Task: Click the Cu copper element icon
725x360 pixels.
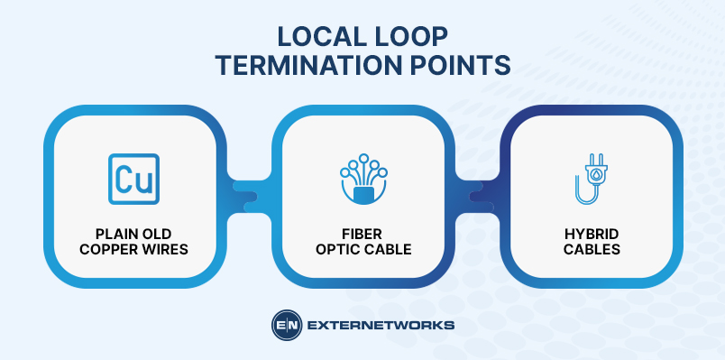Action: [133, 179]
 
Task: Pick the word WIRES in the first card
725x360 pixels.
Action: [162, 248]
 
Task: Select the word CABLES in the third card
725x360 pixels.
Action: [592, 248]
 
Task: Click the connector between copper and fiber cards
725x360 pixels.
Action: [248, 194]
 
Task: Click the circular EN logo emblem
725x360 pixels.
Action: [286, 326]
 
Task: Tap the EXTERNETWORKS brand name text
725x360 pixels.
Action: [381, 326]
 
